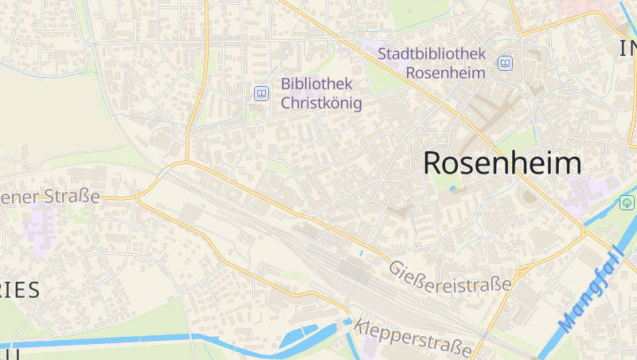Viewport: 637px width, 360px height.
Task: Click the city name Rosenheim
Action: (502, 163)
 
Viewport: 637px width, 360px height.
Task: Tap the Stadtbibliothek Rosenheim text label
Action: (432, 63)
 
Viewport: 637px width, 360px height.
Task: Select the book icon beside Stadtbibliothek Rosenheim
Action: (505, 63)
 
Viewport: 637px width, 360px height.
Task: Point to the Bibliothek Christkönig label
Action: (321, 93)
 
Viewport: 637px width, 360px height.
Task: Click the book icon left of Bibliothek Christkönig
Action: (261, 94)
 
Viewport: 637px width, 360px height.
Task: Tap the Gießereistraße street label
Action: (450, 276)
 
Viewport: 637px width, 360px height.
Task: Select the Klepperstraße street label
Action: (414, 337)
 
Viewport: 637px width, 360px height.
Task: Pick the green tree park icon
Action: (627, 202)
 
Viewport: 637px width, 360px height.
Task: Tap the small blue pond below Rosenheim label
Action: (453, 190)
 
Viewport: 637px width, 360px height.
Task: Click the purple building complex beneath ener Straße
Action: (38, 223)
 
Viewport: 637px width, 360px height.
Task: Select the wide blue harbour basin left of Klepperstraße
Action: (303, 335)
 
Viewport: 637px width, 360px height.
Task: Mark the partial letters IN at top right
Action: (627, 49)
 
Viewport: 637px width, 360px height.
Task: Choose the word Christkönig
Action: (321, 104)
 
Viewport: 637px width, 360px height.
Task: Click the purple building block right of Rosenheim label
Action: (589, 191)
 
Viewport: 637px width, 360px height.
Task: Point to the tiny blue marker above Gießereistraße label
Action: (361, 253)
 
